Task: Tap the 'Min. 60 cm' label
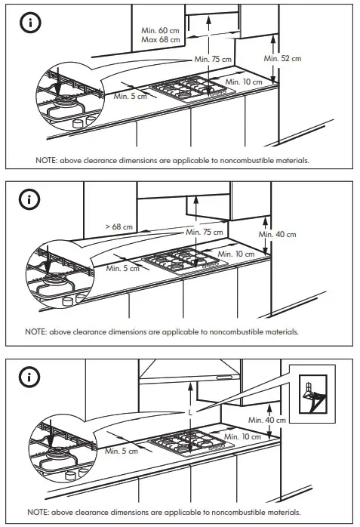(x=160, y=30)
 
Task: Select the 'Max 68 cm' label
(x=160, y=39)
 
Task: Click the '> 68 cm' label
(x=118, y=226)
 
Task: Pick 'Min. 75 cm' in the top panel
(x=212, y=59)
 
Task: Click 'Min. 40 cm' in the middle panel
(x=278, y=234)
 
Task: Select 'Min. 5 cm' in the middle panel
(x=123, y=267)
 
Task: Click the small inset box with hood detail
(x=312, y=392)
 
